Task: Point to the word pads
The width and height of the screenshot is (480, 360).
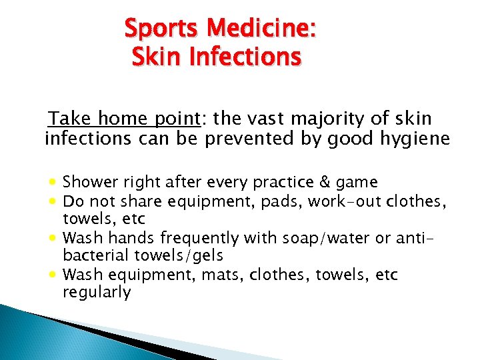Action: click(x=283, y=201)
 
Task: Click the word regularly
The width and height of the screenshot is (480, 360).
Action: click(x=97, y=292)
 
